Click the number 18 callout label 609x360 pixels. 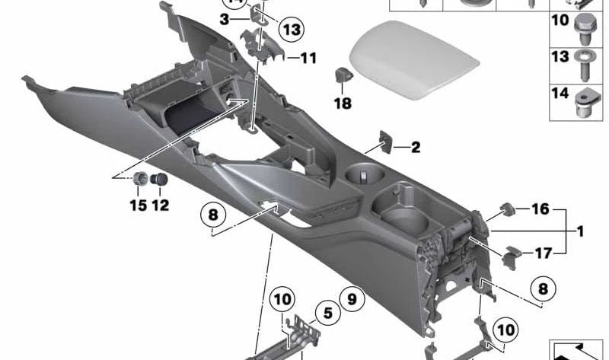click(343, 103)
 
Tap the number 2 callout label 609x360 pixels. click(415, 148)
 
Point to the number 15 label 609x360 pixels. click(138, 205)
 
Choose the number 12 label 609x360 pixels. click(160, 205)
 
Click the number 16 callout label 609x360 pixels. click(540, 209)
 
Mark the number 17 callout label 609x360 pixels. click(541, 253)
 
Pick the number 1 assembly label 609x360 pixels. click(579, 231)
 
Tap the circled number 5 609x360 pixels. click(327, 312)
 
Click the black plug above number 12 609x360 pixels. click(159, 181)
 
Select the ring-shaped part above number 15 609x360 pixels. click(141, 180)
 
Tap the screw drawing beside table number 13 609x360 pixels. click(586, 62)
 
